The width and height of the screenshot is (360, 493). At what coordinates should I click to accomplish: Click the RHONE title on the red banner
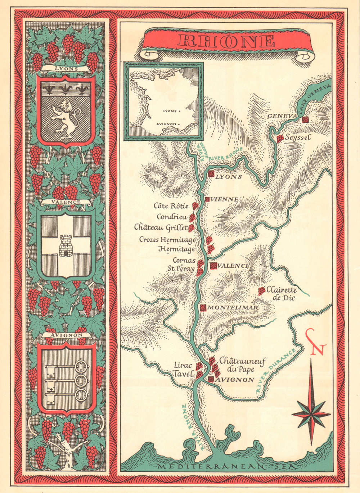point(226,41)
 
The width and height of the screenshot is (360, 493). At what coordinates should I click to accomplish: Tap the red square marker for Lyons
point(211,174)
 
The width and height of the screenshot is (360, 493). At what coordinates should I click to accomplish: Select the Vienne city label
point(224,199)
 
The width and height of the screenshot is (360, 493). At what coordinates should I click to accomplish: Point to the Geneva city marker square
point(306,119)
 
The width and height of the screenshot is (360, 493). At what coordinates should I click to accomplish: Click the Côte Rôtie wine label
point(171,206)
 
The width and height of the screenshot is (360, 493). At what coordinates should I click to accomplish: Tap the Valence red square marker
point(213,266)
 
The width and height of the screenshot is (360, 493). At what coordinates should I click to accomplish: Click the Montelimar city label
point(233,308)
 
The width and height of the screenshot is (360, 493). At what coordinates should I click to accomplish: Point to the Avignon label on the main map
point(235,380)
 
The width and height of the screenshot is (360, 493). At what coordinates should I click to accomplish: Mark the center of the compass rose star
point(311,413)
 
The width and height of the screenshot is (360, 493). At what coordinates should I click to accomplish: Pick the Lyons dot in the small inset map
point(179,111)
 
